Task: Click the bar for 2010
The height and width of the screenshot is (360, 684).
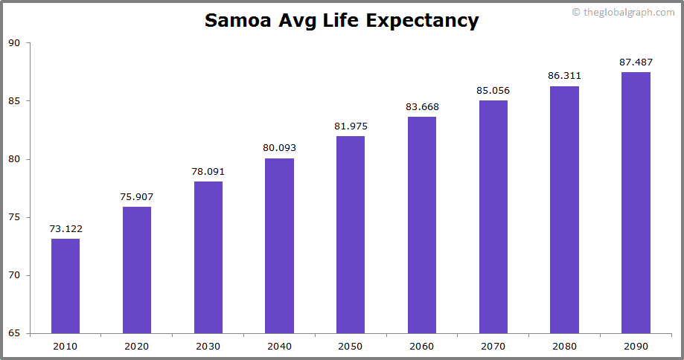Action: click(65, 286)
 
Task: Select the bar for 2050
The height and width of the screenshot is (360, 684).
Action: click(351, 234)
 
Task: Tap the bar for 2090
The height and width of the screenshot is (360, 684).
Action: click(636, 202)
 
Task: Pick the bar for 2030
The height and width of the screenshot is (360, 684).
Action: click(208, 257)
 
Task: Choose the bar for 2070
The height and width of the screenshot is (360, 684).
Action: click(493, 216)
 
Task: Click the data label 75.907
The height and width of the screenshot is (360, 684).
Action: click(137, 197)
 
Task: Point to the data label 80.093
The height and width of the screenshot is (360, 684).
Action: click(279, 148)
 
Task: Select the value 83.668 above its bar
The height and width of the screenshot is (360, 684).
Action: click(422, 106)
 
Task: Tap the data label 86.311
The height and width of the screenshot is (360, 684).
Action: click(564, 76)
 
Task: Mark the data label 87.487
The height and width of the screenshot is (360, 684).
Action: click(636, 62)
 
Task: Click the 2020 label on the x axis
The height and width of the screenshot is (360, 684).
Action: click(137, 346)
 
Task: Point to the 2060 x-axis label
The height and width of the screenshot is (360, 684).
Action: click(422, 346)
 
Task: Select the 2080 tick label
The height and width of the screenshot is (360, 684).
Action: click(564, 346)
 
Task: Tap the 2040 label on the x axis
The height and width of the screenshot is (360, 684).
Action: click(279, 346)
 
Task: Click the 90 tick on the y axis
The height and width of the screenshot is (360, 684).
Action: click(14, 43)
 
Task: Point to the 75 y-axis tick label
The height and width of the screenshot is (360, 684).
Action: click(14, 217)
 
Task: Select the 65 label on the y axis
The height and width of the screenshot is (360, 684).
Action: click(14, 333)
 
